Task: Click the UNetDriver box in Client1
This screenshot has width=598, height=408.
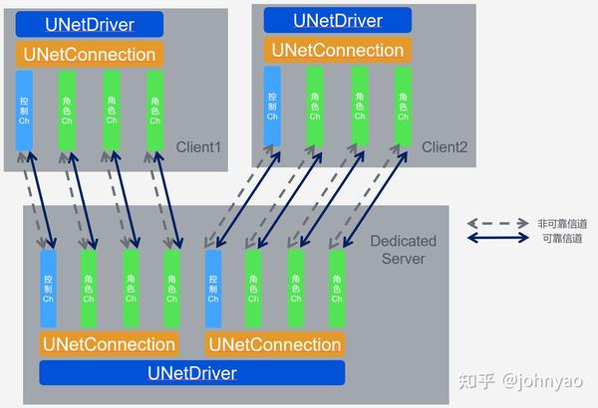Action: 89,23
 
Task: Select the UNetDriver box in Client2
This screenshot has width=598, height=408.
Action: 336,19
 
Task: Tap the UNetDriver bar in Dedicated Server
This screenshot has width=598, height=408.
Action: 191,373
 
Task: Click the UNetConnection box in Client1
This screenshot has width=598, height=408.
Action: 89,54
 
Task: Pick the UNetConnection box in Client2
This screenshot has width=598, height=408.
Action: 336,49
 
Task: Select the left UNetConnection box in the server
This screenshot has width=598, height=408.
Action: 108,344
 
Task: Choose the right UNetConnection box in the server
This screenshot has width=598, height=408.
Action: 274,344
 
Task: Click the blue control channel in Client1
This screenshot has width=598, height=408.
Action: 24,110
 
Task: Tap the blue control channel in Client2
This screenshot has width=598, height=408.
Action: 272,106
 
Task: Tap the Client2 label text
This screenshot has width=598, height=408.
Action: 445,147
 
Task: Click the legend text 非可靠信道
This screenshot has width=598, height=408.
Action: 560,224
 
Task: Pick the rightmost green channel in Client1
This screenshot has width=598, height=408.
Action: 154,110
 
